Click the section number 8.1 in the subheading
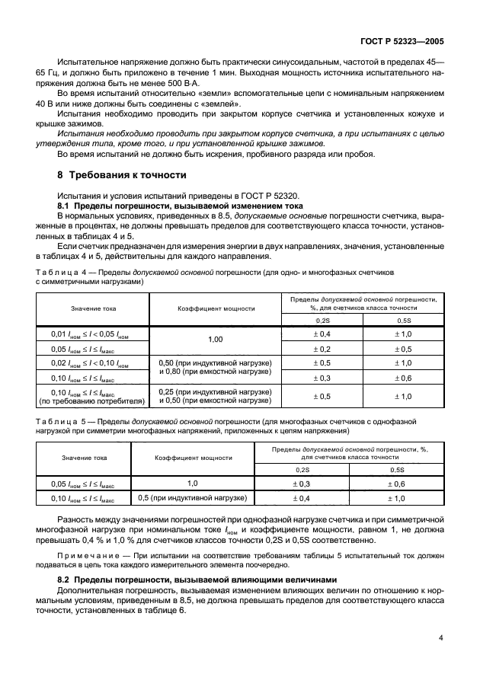[66, 206]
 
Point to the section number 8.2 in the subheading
[66, 579]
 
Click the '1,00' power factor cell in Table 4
[216, 339]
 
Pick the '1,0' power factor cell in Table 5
[193, 483]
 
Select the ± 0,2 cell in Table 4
[323, 348]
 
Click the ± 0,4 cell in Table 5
[302, 498]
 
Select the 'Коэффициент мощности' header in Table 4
[216, 310]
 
